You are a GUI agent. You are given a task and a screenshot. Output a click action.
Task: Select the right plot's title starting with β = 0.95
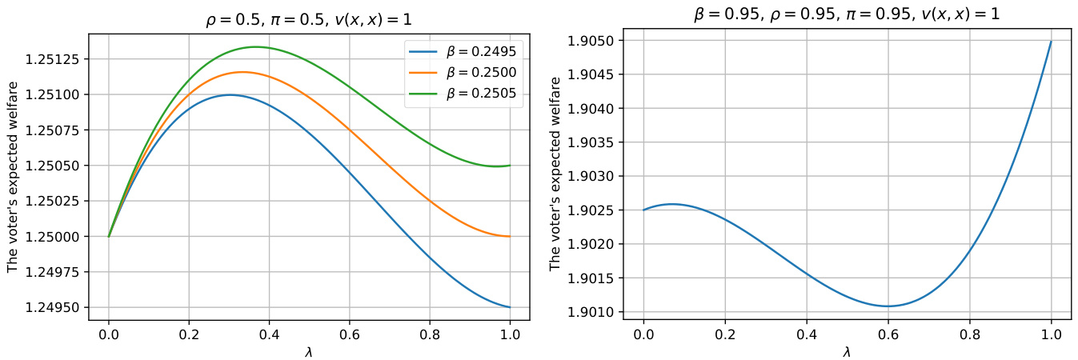pyautogui.click(x=847, y=14)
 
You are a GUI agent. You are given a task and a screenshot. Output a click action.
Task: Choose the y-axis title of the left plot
pyautogui.click(x=13, y=176)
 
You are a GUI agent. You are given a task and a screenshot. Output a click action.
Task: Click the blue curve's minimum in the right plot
pyautogui.click(x=888, y=306)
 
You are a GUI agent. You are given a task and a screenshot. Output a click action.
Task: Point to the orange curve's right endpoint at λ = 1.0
pyautogui.click(x=510, y=236)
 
